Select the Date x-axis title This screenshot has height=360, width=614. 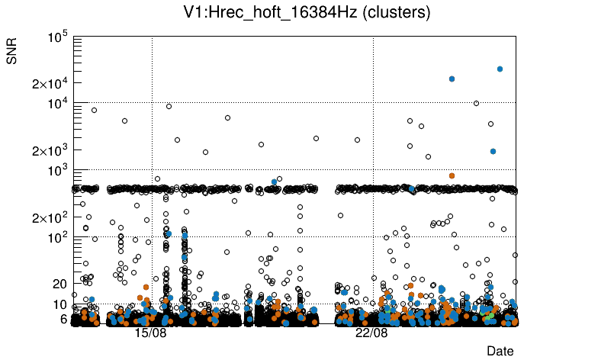coord(500,351)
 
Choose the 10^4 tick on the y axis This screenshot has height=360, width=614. coord(58,104)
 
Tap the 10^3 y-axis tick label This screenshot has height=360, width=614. coord(58,171)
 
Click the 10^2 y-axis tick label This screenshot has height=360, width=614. coord(58,238)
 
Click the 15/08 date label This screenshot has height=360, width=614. coord(151,333)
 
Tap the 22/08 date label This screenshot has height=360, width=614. coord(372,333)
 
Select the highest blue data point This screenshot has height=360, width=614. coord(500,69)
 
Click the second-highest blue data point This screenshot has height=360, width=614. coord(452,79)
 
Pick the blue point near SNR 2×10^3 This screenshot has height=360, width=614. coord(493,151)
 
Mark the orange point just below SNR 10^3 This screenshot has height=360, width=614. coord(452,175)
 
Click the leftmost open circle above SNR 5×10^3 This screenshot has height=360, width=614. coord(95,110)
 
